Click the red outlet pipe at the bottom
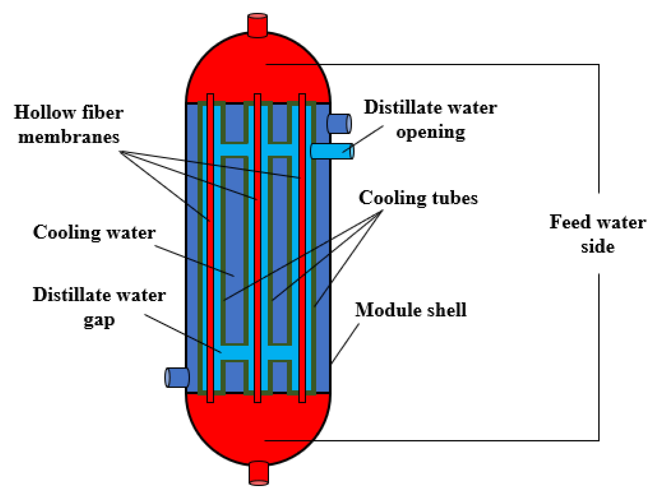point(258,473)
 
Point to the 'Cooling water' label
point(94,232)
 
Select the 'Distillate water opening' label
point(430,120)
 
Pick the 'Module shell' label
point(411,310)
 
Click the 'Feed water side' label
point(597,234)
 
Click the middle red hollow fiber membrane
point(258,253)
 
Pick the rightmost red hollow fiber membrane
point(302,253)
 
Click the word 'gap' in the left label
point(99,320)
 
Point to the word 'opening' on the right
point(430,133)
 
